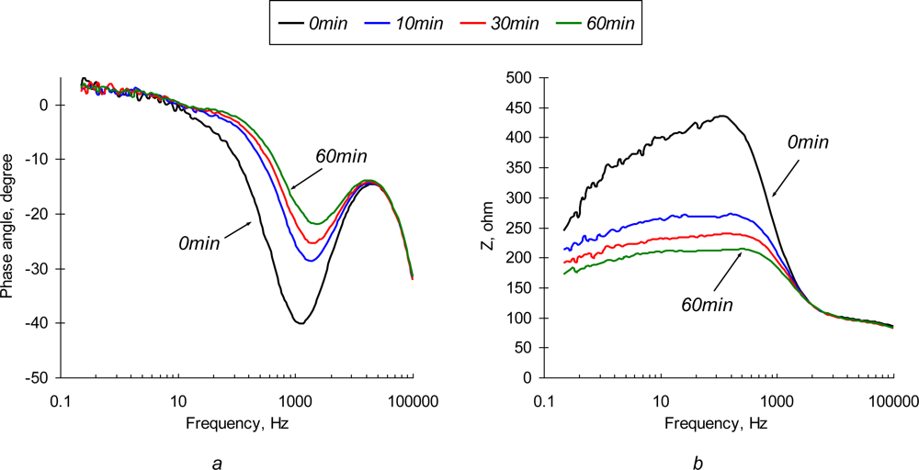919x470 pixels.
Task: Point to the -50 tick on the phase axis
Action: (x=40, y=377)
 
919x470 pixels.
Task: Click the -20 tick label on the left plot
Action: (x=40, y=214)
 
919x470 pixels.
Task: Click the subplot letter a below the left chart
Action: (x=217, y=464)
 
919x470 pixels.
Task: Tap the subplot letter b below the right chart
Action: (x=698, y=464)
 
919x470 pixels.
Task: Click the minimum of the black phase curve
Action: (x=300, y=323)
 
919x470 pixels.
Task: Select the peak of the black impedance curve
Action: (x=722, y=116)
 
